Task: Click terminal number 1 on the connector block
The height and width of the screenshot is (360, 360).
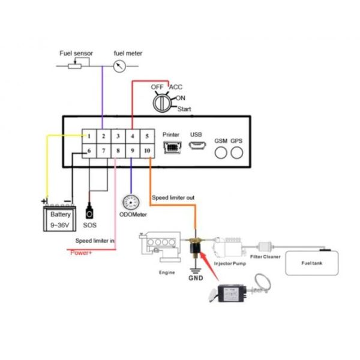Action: [88, 137]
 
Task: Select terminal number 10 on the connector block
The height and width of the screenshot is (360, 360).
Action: [146, 151]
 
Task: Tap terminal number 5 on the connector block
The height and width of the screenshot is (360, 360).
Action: [146, 137]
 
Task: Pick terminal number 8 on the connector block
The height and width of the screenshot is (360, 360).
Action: [118, 151]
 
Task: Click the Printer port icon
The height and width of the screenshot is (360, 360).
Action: [172, 147]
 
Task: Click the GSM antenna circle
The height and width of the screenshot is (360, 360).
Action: [221, 152]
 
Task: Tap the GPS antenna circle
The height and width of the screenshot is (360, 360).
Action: [237, 152]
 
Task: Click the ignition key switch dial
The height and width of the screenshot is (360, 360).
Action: [162, 104]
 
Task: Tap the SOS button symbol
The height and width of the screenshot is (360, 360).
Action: [91, 212]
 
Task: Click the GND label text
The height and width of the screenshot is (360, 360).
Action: [196, 278]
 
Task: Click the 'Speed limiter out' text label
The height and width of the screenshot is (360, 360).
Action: [173, 197]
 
